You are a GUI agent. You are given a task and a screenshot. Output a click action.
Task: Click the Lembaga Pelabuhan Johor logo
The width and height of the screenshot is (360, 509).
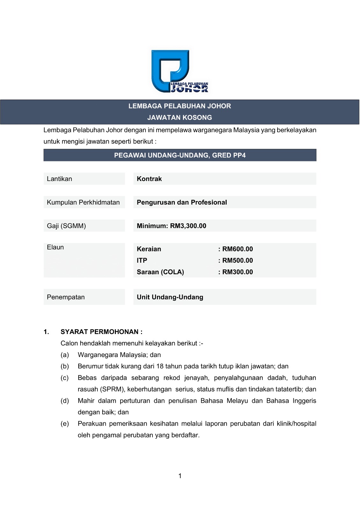pos(179,71)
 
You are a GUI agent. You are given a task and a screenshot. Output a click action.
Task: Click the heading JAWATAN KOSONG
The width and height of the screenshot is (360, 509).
pos(180,117)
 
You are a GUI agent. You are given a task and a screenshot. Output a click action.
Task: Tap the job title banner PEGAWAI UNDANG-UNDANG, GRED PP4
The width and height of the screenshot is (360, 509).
pos(180,155)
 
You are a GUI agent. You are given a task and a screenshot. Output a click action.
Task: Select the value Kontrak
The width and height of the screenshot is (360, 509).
pos(149,179)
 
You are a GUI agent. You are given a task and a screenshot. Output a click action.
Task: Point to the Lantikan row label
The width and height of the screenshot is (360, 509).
pos(60,179)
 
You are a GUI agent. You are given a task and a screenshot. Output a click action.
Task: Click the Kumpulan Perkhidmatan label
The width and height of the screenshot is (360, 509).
pos(83,202)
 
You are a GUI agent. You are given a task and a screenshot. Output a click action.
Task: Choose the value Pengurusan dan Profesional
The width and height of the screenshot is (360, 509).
pos(182,202)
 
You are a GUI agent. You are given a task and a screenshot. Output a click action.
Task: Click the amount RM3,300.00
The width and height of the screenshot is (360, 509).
pos(188,226)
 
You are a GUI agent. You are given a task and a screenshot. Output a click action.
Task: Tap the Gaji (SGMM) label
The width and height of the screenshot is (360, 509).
pos(66,226)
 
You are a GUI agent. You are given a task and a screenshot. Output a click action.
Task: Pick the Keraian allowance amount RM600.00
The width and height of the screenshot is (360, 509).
pos(237,249)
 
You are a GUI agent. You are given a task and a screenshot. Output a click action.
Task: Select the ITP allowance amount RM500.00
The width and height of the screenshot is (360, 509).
pos(237,261)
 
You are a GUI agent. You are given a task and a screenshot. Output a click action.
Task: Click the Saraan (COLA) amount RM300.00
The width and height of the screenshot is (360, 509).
pos(237,272)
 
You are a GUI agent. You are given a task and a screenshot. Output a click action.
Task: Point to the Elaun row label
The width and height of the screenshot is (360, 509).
pos(55,247)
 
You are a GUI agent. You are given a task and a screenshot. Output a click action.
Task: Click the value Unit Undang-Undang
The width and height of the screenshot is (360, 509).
pos(170,297)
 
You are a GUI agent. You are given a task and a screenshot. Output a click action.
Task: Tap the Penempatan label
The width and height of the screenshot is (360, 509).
pos(66,297)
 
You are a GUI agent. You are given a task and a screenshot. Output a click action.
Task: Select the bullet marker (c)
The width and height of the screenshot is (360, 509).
pos(65,378)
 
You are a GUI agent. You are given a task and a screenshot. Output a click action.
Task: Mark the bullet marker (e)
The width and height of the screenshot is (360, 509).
pos(65,423)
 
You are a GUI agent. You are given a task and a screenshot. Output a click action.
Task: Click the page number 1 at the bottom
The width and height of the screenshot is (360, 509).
pos(180,476)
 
